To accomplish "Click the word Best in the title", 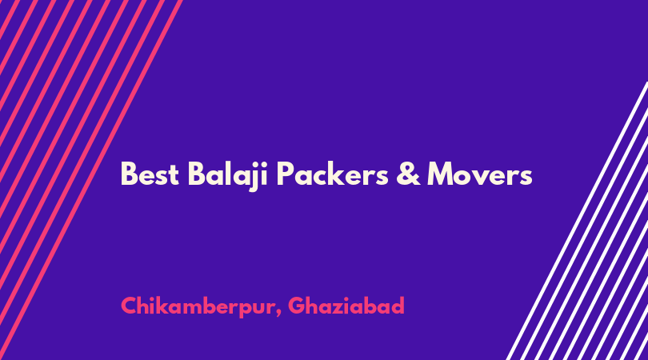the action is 150,174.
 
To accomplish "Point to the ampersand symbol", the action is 408,174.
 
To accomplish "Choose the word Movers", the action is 480,174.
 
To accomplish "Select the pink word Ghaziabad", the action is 346,306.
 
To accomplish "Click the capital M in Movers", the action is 442,174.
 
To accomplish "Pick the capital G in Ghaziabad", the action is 297,306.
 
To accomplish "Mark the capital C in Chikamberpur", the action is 130,306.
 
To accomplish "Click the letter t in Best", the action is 174,175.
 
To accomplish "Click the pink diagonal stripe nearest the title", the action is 91,180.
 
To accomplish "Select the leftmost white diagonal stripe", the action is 577,221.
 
